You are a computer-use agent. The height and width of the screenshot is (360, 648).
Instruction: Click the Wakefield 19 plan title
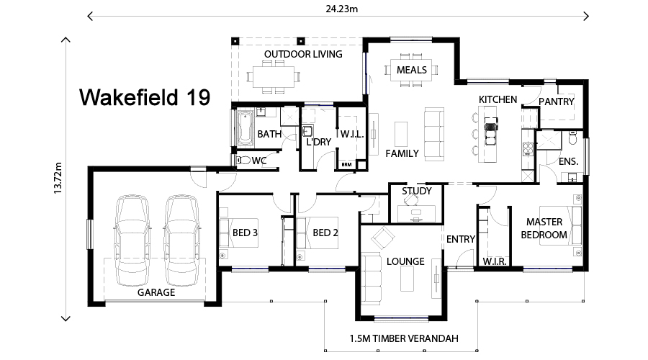point(144,97)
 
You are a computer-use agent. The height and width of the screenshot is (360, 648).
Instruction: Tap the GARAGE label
point(156,293)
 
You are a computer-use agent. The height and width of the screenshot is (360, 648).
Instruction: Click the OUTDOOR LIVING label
point(302,54)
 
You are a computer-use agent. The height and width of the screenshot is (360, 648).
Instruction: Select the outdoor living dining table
point(272,75)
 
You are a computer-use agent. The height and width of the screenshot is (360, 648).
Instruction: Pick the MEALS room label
point(412,70)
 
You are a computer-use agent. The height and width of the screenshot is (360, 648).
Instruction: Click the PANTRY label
point(557,102)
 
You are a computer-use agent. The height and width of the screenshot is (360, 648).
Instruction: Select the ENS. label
point(568,161)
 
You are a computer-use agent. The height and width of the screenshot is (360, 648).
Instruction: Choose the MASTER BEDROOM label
point(545,228)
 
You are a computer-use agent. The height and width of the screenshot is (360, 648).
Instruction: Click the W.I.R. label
point(495,261)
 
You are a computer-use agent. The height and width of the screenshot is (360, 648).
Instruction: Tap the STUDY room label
point(416,191)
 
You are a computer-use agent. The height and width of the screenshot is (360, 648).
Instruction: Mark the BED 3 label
point(245,232)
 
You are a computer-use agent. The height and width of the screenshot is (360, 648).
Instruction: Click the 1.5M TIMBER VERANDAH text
point(403,338)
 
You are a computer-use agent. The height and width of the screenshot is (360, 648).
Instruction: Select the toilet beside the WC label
point(243,161)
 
